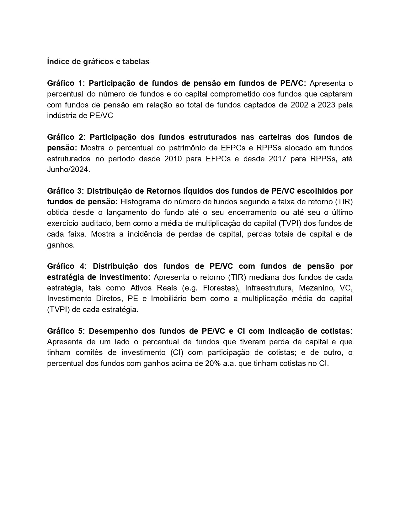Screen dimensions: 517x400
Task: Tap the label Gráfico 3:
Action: coord(65,191)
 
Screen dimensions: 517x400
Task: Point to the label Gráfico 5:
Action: coord(66,331)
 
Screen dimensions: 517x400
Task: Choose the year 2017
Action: coord(278,159)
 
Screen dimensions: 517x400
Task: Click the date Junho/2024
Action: coord(68,170)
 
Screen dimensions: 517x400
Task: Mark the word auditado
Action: coord(99,223)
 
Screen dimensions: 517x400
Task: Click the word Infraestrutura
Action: coord(269,288)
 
